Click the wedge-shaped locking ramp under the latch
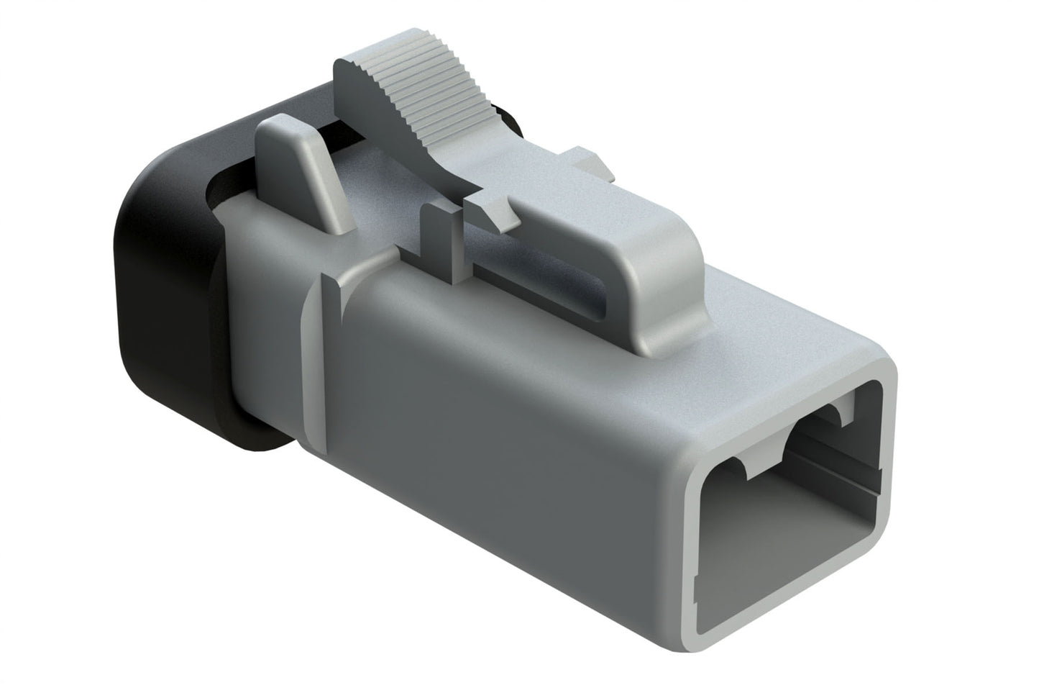496,212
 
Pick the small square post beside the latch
440,241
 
